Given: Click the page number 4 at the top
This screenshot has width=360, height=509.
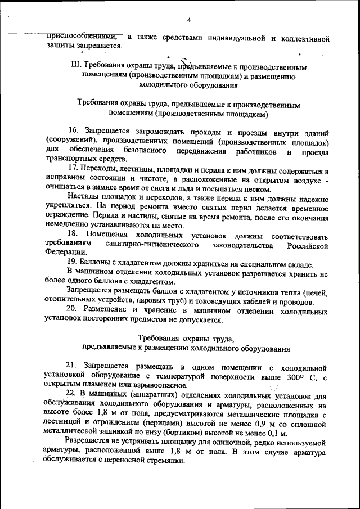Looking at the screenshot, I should (189, 21).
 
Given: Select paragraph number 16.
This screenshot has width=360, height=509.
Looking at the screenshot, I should (75, 132).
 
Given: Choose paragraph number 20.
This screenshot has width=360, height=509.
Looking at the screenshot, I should (73, 309).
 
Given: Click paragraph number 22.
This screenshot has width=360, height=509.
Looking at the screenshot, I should (72, 393).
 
